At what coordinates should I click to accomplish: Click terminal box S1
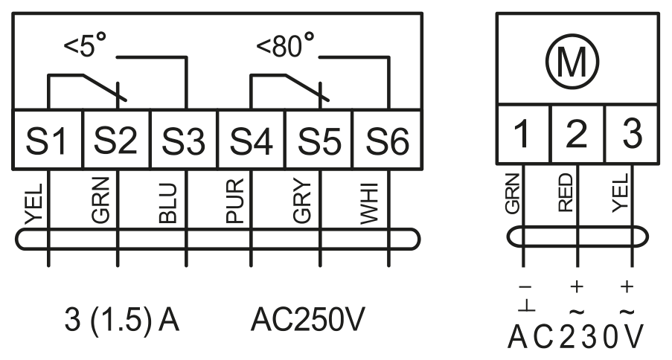[x=47, y=139]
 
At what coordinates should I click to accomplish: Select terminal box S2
[x=116, y=139]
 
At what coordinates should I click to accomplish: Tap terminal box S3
[x=185, y=139]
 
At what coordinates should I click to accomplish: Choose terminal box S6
[x=388, y=139]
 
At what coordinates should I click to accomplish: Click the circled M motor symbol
[x=572, y=62]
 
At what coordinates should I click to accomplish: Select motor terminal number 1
[x=523, y=134]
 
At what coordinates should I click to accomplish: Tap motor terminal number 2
[x=577, y=134]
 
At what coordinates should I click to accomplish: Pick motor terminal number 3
[x=632, y=134]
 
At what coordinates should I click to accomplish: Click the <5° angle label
[x=85, y=45]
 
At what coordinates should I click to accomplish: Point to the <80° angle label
[x=285, y=45]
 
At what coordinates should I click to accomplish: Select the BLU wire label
[x=167, y=204]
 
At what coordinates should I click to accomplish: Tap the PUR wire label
[x=235, y=202]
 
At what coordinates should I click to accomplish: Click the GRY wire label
[x=302, y=202]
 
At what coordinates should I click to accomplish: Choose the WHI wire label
[x=369, y=204]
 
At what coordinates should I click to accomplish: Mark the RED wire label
[x=566, y=193]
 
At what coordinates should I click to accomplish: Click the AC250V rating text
[x=307, y=320]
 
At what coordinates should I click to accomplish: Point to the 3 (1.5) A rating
[x=122, y=320]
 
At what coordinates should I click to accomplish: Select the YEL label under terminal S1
[x=33, y=204]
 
